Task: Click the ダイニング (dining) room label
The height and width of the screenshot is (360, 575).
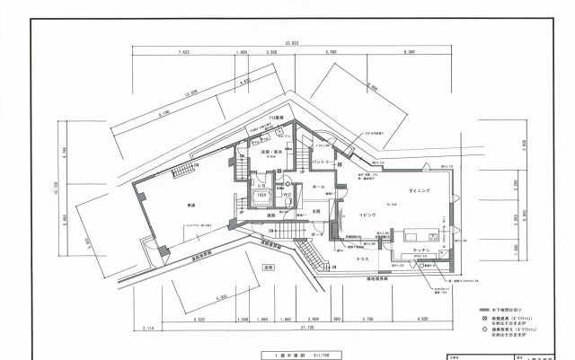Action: coord(419,191)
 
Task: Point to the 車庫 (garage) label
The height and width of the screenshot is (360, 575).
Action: coord(179,204)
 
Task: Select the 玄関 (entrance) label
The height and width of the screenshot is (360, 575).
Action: coord(315,212)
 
